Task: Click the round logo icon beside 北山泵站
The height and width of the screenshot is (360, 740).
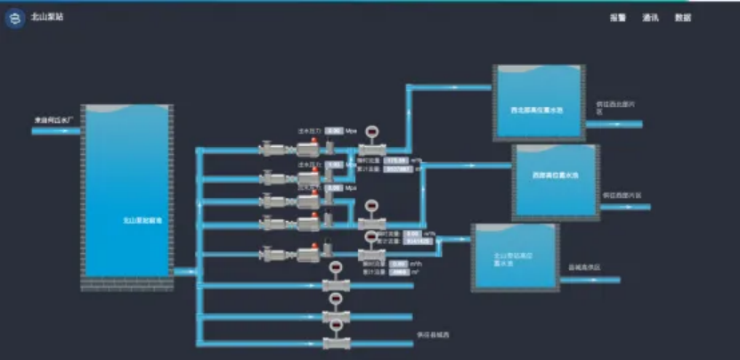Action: pos(14,18)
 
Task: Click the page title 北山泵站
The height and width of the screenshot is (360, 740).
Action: pos(43,18)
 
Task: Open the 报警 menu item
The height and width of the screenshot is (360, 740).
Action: pos(618,18)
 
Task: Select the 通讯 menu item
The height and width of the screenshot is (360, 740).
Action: pos(650,18)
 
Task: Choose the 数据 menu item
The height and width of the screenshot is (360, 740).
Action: pos(683,18)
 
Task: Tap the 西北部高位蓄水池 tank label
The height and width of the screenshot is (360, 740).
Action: pos(538,110)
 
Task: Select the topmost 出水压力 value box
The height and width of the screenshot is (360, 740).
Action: pos(334,130)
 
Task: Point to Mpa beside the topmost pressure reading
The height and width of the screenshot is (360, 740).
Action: pos(351,130)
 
